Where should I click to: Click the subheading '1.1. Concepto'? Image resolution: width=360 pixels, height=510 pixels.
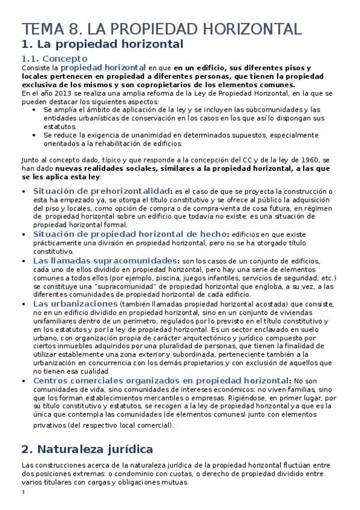pos(54,58)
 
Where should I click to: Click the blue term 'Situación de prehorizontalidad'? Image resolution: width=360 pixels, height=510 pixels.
pos(102,191)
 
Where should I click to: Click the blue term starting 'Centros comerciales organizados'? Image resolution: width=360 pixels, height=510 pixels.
pos(160,381)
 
